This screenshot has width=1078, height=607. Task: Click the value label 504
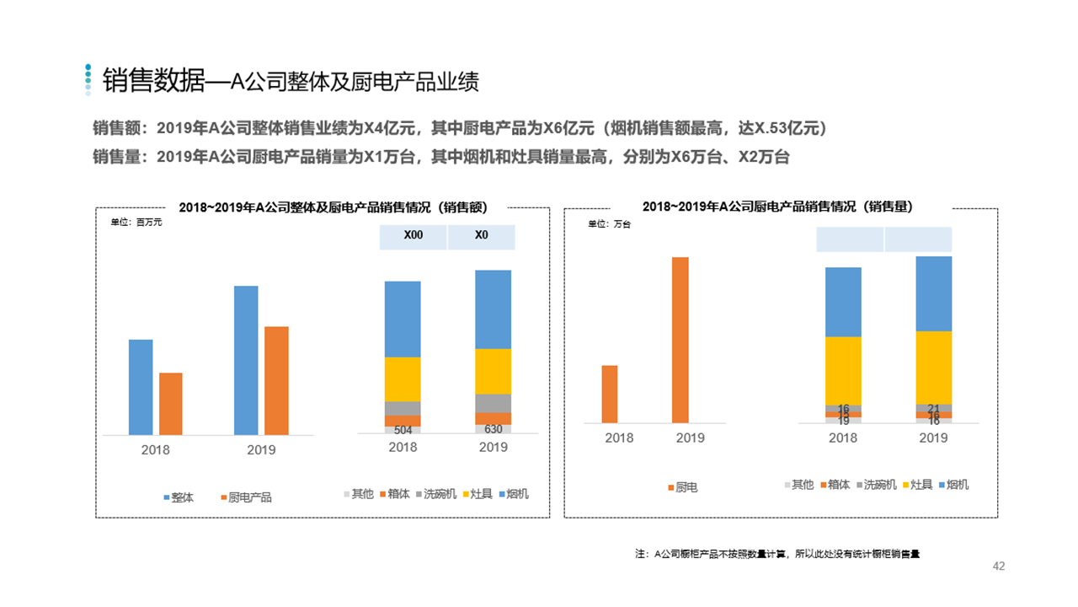(403, 430)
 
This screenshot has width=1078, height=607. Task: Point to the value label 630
(494, 429)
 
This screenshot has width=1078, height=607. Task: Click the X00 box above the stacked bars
(413, 236)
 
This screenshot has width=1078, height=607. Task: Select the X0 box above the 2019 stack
(481, 236)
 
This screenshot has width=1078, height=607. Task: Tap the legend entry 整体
(178, 497)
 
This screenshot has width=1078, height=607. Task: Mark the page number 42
(999, 566)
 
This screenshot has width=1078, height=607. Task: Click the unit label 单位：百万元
(136, 223)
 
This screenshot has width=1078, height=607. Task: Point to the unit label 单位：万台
(608, 224)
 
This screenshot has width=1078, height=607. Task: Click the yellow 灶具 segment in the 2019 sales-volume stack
(933, 368)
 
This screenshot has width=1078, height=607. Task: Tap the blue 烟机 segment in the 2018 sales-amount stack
(403, 319)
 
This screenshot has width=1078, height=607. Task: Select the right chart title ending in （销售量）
(777, 207)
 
